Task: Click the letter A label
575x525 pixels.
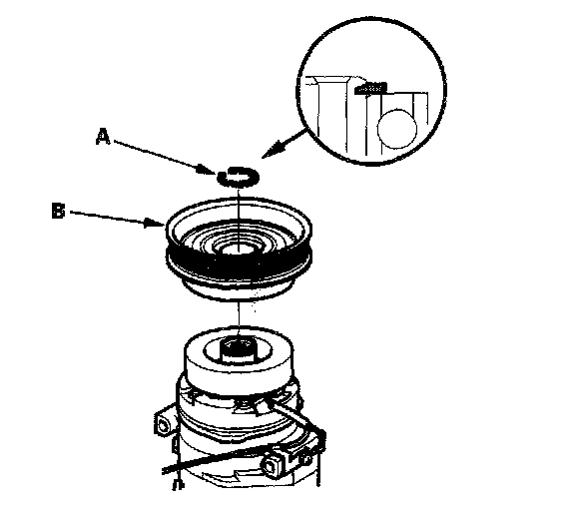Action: [103, 137]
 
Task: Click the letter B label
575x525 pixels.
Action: [58, 212]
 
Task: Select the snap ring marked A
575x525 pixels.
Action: [239, 177]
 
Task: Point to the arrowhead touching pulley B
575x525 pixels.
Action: [155, 223]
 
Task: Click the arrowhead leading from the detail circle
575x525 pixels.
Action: [271, 151]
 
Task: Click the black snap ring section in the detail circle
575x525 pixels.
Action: [370, 88]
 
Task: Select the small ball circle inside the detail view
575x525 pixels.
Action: [397, 129]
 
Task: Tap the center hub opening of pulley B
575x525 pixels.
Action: [238, 251]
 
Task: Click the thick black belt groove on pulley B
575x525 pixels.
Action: [239, 262]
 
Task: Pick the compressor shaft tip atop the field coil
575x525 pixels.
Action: [238, 349]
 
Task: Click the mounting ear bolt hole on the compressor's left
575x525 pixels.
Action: [163, 426]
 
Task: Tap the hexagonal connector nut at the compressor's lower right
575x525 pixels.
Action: [273, 465]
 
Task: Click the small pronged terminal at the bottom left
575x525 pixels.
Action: [179, 485]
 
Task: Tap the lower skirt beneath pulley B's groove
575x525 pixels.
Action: [239, 289]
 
